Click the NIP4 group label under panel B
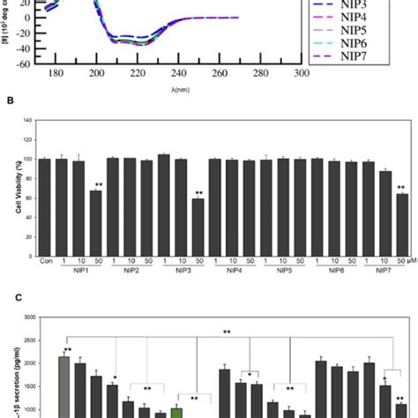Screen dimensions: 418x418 point(231,274)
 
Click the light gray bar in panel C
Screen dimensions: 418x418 point(63,385)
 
